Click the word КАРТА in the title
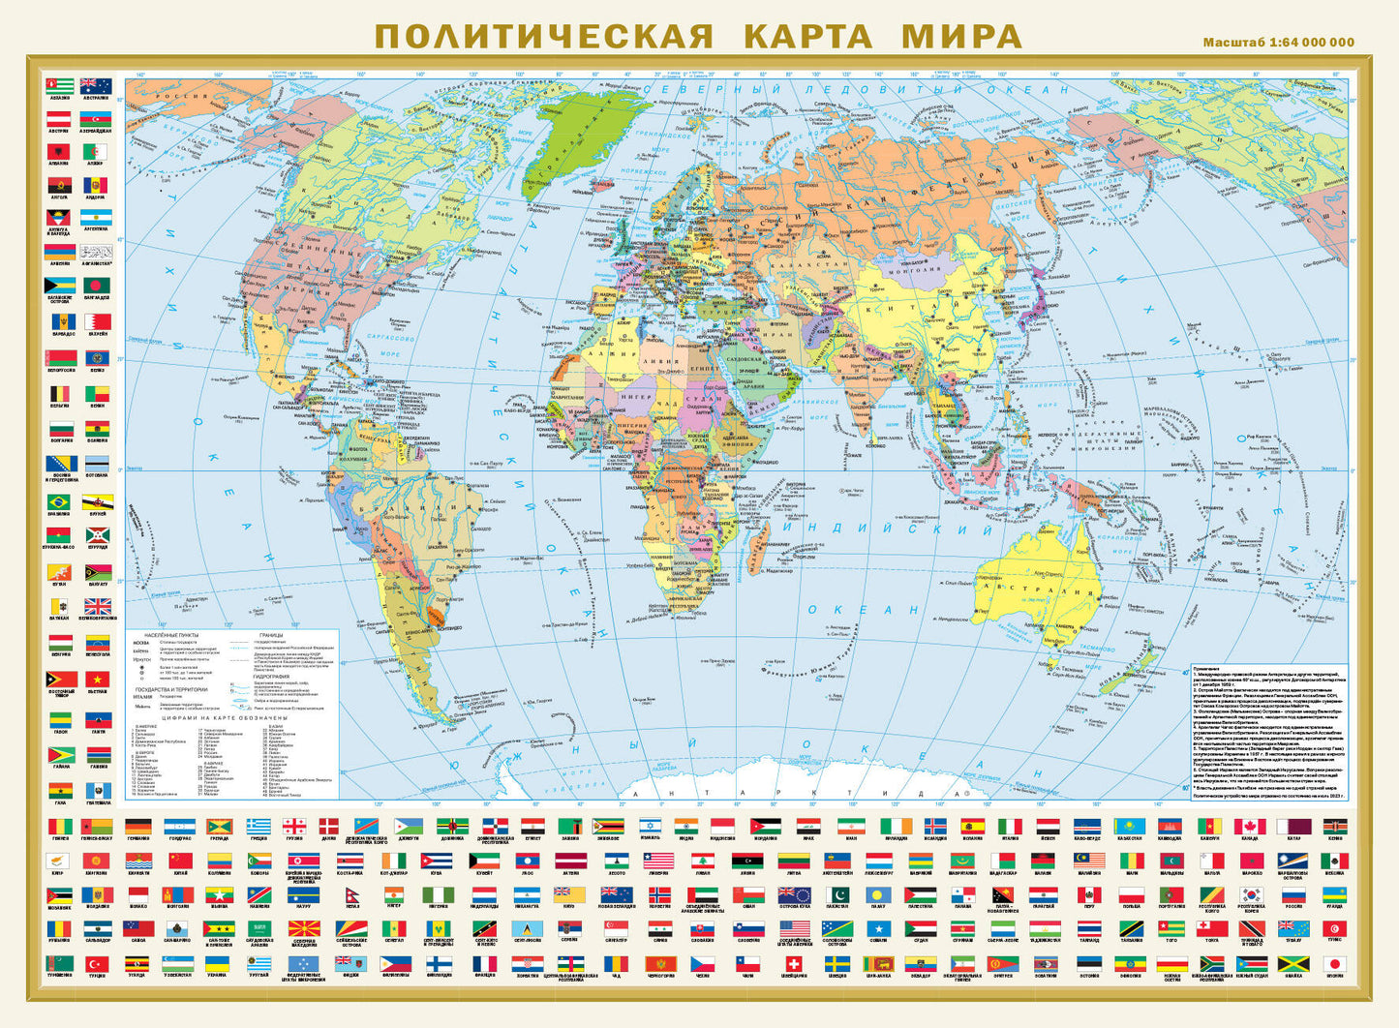[807, 36]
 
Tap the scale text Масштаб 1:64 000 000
[1278, 43]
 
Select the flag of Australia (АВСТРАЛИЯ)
[96, 86]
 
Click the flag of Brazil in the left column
[60, 502]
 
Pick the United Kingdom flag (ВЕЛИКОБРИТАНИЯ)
[97, 607]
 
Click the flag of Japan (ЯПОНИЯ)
[1334, 964]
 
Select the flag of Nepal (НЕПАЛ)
[352, 895]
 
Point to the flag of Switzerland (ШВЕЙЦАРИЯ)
[794, 964]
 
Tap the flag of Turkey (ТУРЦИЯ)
[97, 964]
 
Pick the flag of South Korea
[1253, 895]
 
